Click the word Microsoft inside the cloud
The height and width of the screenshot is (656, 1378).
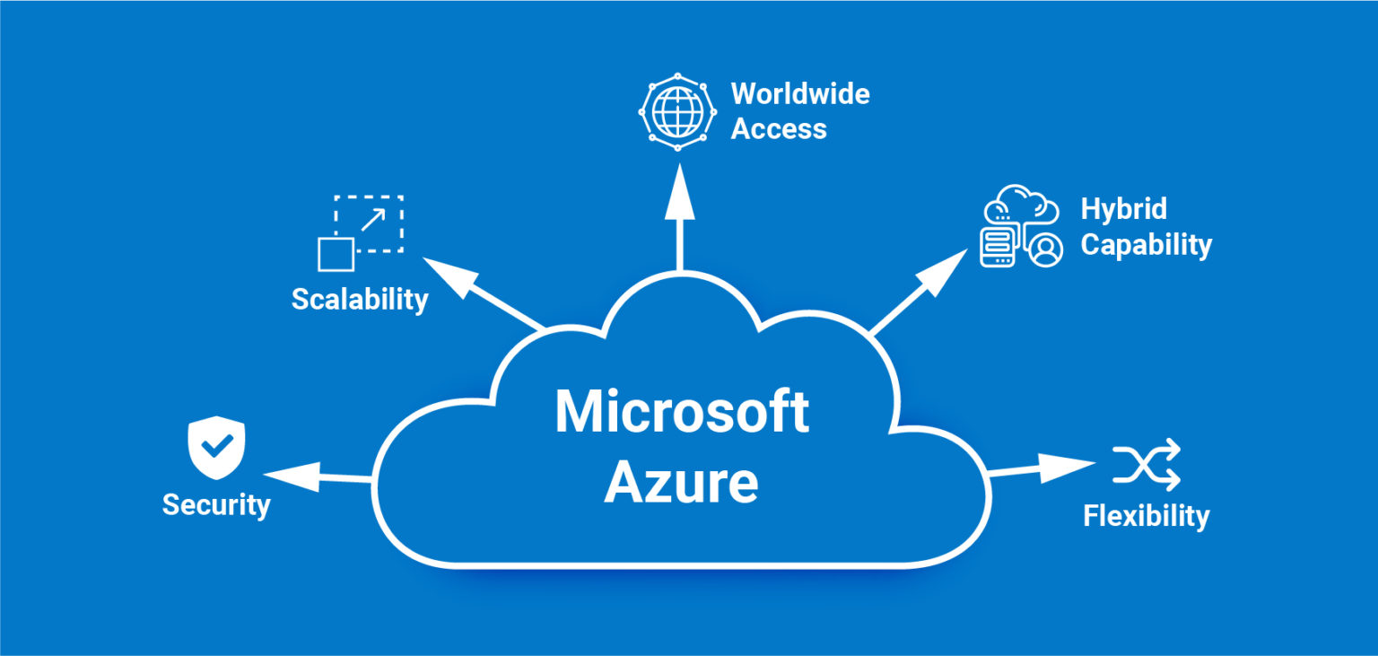[x=682, y=412]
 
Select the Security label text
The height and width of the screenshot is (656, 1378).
[x=216, y=504]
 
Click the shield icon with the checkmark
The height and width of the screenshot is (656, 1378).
[x=216, y=447]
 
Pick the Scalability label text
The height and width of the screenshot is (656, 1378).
[x=360, y=299]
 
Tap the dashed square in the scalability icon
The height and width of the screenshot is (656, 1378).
[x=370, y=222]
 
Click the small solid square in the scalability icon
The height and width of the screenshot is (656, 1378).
[x=336, y=254]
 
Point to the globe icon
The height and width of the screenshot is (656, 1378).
[x=678, y=111]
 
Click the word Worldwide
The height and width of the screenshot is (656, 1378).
[x=800, y=93]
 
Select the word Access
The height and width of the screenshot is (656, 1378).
[x=779, y=128]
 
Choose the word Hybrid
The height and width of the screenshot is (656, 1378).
[x=1123, y=209]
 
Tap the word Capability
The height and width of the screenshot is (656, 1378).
[x=1146, y=244]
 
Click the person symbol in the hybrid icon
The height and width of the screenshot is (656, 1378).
[x=1044, y=249]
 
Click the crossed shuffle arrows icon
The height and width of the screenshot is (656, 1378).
[x=1147, y=466]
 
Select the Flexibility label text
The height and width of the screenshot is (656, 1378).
[x=1146, y=516]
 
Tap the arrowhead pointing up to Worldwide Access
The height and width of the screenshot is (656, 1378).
[x=679, y=192]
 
